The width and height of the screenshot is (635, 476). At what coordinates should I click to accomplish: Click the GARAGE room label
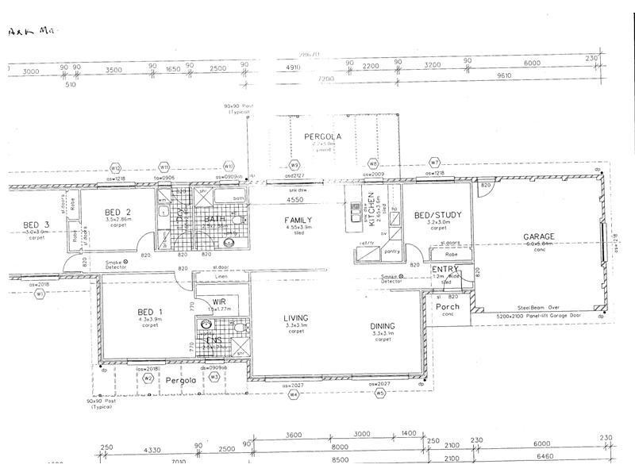538,236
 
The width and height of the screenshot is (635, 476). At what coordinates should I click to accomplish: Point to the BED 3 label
36,225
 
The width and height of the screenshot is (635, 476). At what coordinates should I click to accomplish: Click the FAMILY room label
298,221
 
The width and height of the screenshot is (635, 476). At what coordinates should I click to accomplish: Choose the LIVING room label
295,319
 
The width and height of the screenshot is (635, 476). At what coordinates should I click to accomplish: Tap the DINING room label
383,325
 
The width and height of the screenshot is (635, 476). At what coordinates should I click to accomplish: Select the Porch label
448,305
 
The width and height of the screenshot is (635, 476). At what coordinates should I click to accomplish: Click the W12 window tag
115,167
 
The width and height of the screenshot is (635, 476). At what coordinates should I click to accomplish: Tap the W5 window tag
380,392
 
